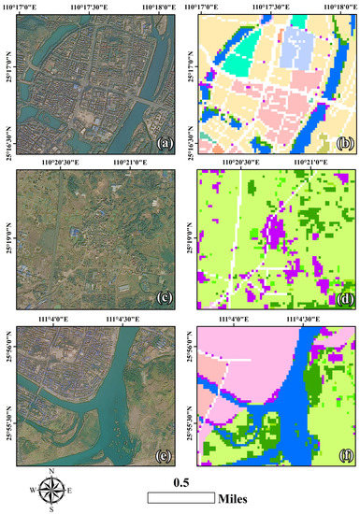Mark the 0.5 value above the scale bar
pyautogui.click(x=180, y=482)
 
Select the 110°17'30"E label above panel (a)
pyautogui.click(x=100, y=5)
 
